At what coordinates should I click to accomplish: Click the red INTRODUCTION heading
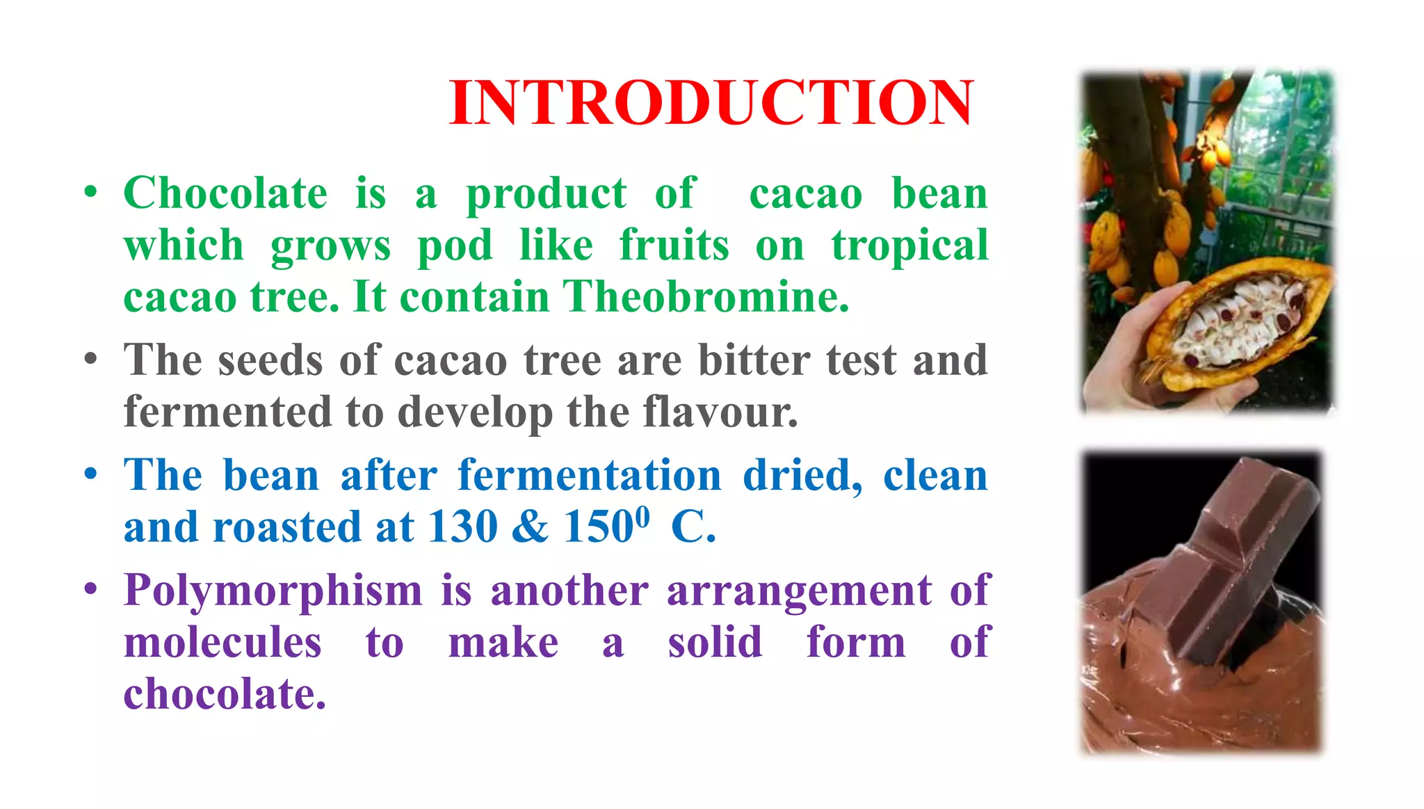(711, 103)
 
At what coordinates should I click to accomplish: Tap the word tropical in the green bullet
(909, 246)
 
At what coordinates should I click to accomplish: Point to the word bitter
(754, 360)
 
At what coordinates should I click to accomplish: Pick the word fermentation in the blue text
(590, 476)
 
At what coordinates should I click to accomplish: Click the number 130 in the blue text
(462, 527)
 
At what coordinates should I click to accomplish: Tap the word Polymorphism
(273, 591)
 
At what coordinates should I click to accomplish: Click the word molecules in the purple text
(222, 642)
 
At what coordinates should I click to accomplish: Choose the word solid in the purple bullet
(715, 642)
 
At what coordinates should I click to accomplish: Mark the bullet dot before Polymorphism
(90, 590)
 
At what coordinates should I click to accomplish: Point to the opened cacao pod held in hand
(1238, 323)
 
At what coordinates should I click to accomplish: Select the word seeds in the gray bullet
(270, 360)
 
